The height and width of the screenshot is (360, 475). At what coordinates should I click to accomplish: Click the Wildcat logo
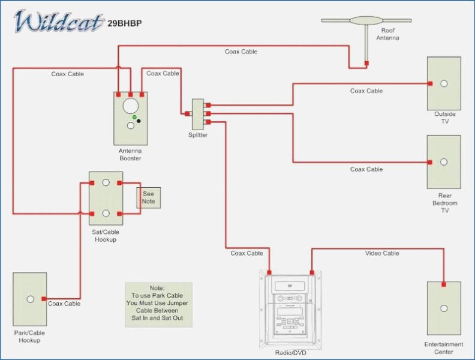(58, 20)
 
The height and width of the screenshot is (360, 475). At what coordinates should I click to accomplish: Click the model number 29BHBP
(125, 23)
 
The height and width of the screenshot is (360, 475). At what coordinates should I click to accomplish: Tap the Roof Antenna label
(388, 34)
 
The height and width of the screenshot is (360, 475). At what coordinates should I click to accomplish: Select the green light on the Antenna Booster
(134, 117)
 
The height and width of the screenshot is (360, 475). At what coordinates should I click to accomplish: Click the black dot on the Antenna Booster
(139, 121)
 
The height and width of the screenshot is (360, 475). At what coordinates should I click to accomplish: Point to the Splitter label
(198, 135)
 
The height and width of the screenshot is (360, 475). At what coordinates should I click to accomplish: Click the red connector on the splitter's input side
(187, 113)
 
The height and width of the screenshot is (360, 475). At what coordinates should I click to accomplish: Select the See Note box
(149, 197)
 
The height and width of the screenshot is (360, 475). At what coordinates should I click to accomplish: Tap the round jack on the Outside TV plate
(444, 83)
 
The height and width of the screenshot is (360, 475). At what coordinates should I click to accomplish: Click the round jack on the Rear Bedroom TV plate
(444, 162)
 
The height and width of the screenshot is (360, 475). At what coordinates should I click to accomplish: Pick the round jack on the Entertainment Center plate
(444, 308)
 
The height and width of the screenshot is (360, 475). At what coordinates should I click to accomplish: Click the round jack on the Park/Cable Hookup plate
(31, 299)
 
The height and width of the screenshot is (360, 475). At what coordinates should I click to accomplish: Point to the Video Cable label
(382, 253)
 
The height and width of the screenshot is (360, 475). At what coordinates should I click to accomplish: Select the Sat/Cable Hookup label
(106, 236)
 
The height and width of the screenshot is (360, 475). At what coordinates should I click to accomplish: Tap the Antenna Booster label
(130, 155)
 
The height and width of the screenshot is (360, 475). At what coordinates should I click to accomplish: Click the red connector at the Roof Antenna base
(366, 64)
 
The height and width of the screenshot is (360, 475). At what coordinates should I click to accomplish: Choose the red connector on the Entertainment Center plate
(443, 284)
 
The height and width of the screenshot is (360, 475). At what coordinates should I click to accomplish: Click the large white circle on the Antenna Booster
(131, 106)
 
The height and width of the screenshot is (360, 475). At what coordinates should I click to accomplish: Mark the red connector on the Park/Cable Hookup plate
(44, 299)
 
